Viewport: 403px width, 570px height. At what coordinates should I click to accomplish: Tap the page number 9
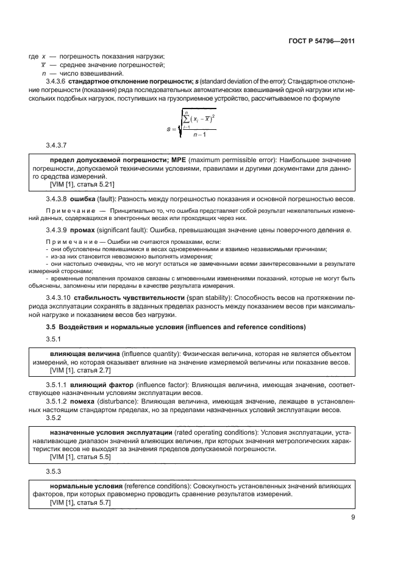pyautogui.click(x=352, y=517)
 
